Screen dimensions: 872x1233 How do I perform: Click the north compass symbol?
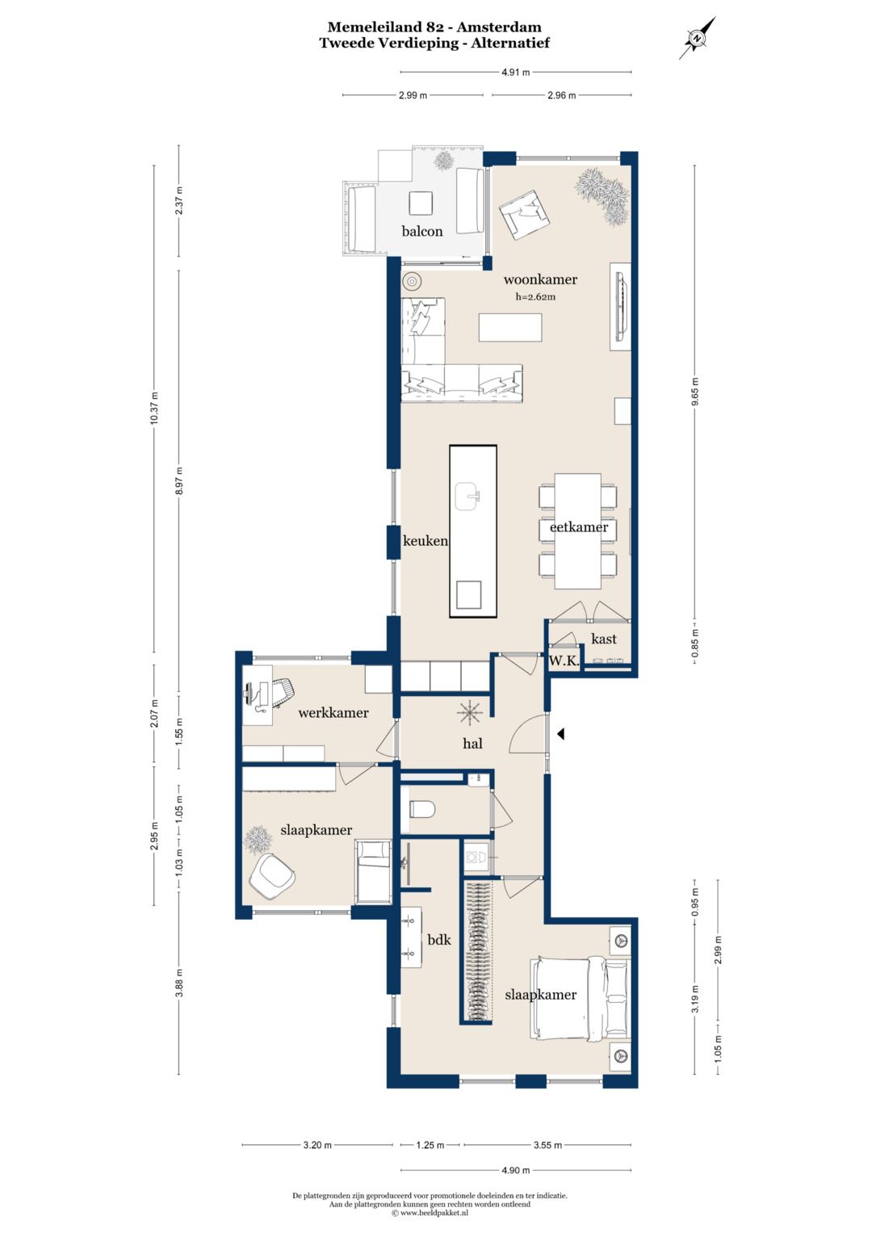697,38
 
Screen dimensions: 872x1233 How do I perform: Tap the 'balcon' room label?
422,231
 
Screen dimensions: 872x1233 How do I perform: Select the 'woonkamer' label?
540,279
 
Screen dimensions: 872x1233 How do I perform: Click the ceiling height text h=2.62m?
535,296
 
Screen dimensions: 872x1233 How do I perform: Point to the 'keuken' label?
425,540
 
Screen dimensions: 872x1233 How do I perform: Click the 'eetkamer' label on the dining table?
579,526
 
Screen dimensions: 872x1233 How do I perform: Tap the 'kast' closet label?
603,639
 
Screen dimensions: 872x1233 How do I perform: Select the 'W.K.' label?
564,661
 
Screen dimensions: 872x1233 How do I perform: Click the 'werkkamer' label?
333,713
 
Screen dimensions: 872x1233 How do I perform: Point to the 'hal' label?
472,744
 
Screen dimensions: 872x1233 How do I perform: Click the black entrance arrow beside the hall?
560,734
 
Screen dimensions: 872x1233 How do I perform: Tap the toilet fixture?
422,810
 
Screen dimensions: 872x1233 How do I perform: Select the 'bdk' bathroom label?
439,939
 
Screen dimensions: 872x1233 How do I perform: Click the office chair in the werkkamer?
281,694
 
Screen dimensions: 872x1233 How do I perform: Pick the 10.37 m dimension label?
154,408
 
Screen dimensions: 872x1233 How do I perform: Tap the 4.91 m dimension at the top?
516,72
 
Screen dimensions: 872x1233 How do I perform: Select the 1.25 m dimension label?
430,1146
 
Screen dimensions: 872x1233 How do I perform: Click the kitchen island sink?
469,493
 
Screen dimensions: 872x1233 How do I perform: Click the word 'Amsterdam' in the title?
499,27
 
